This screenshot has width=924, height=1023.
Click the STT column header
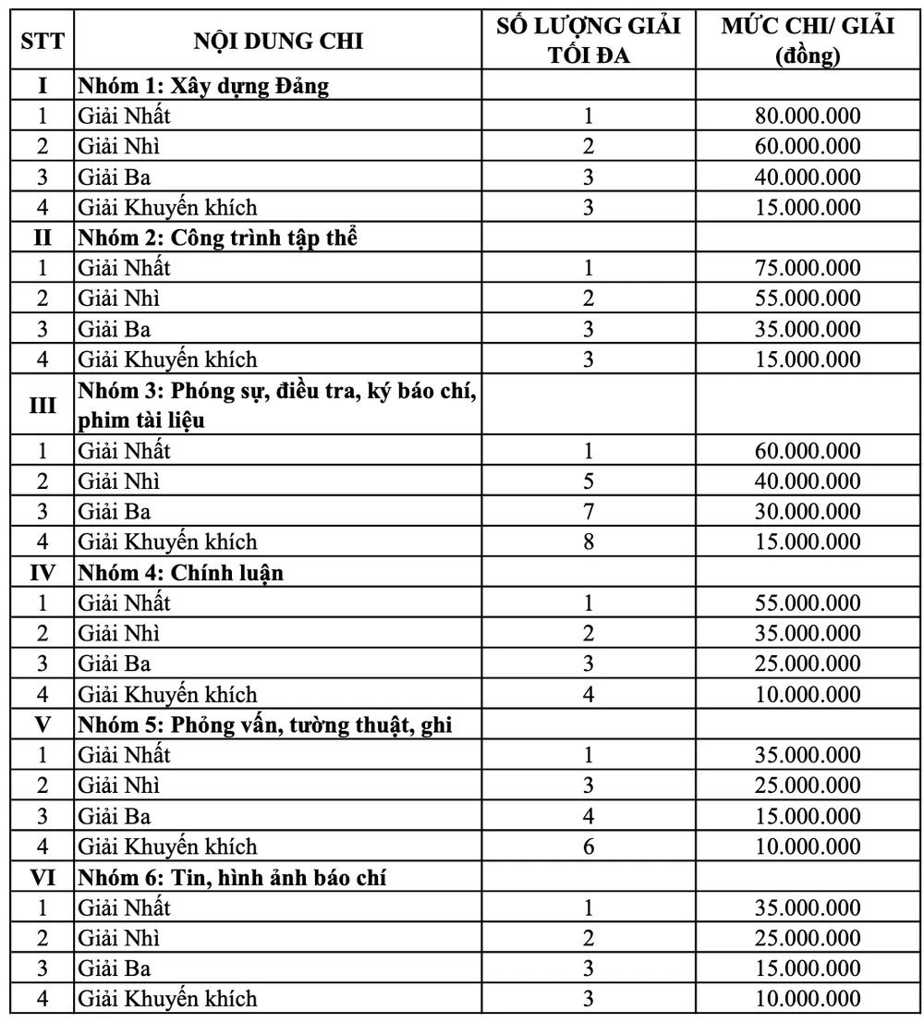coord(43,41)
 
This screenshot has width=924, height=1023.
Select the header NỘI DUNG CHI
coord(278,41)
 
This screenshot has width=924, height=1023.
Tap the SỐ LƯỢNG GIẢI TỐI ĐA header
coord(589,41)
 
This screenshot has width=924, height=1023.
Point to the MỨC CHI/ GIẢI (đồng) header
coord(808,41)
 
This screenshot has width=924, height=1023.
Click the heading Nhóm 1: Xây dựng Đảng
coord(204,86)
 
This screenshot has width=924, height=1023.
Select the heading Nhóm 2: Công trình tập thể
coord(217,237)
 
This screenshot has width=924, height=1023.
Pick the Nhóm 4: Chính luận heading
coord(181,572)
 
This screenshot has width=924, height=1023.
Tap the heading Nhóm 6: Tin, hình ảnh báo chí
coord(232,877)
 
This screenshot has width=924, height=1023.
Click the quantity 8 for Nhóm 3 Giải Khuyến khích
coord(589,542)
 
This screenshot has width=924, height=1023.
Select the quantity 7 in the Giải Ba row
coord(589,511)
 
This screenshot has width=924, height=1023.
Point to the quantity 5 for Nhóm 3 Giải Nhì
coord(589,481)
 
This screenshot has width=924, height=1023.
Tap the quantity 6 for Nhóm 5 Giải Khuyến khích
coord(589,846)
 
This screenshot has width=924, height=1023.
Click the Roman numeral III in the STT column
coord(43,405)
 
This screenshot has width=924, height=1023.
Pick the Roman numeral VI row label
coord(43,877)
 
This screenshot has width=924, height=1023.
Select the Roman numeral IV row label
coord(43,572)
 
